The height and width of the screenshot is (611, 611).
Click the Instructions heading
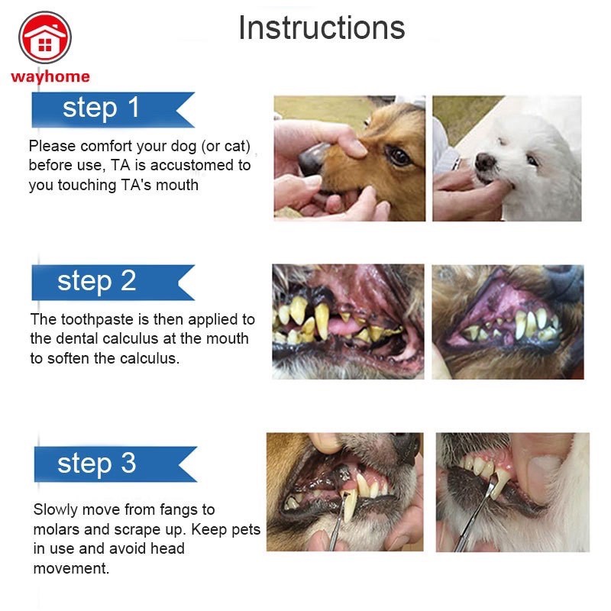coord(322,27)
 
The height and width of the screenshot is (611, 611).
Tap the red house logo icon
coord(45,37)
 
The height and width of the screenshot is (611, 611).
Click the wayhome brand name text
coord(50,77)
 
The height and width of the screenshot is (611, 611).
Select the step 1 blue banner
coord(113,109)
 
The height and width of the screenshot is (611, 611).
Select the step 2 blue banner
coord(113,283)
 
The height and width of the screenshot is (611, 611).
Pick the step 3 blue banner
coord(115,464)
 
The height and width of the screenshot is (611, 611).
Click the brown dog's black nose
coord(312,158)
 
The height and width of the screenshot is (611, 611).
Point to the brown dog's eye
coord(398,156)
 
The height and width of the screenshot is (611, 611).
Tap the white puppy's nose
coord(485,161)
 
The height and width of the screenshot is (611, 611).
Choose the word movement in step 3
coord(71,568)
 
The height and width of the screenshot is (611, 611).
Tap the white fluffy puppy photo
coord(507,159)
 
